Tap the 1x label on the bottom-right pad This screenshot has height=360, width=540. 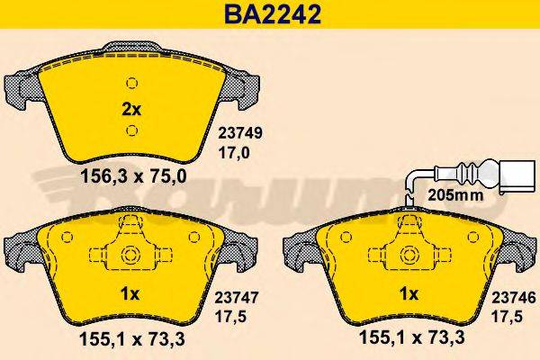tap(409, 293)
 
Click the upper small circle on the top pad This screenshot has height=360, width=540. tap(131, 83)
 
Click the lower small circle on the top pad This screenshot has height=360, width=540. tap(131, 131)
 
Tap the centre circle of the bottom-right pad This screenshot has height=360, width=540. tap(406, 256)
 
